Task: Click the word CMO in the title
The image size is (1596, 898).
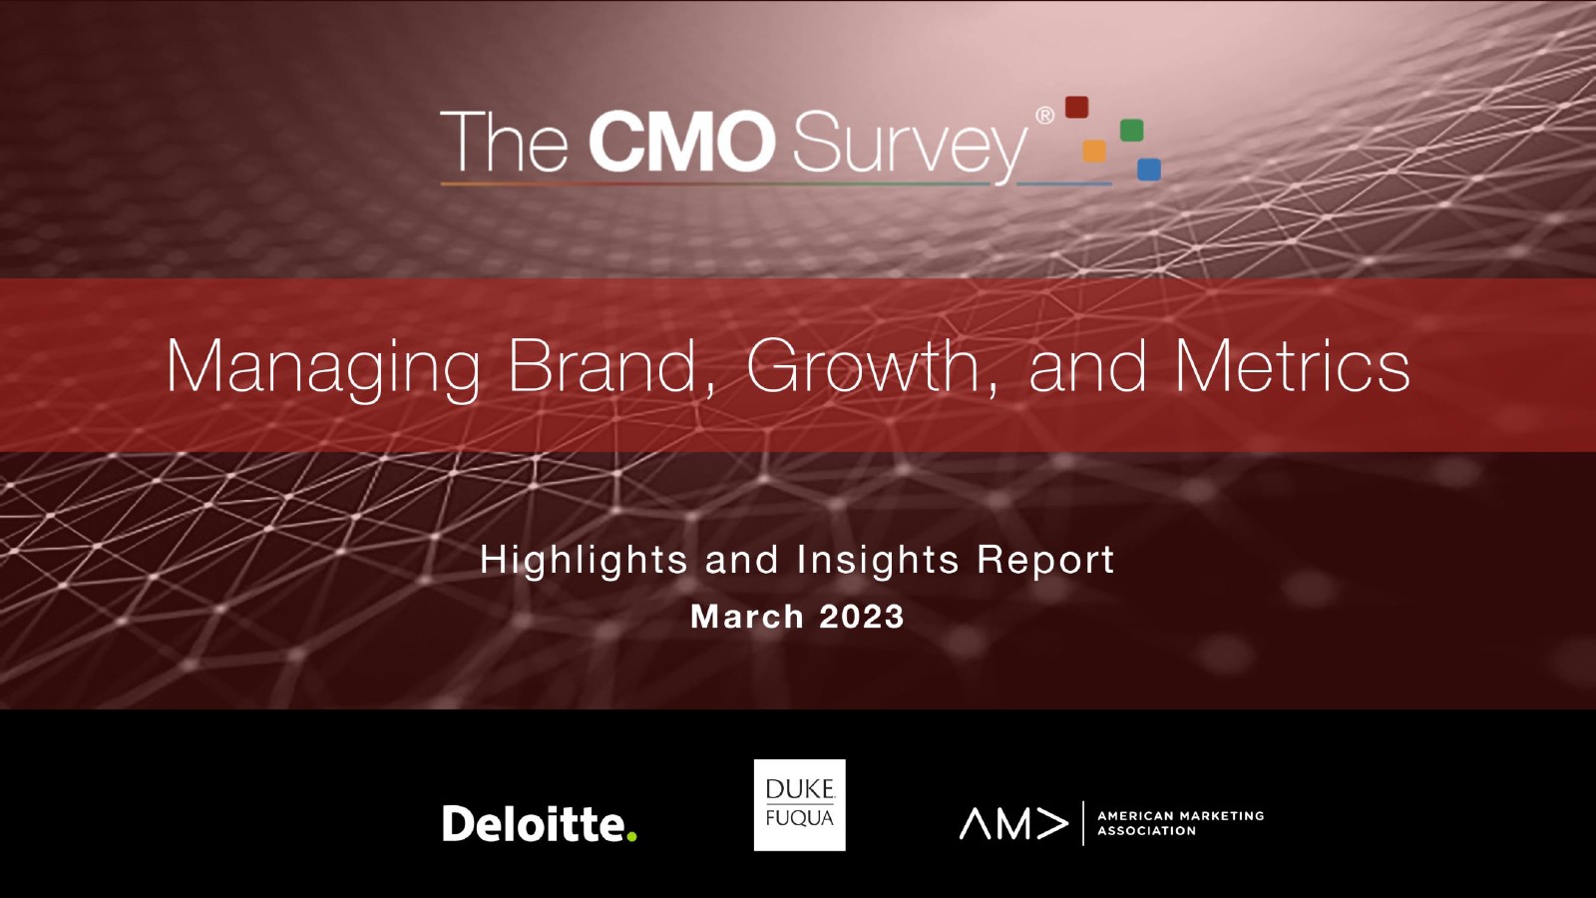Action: pyautogui.click(x=682, y=141)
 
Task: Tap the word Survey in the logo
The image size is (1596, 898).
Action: pyautogui.click(x=909, y=147)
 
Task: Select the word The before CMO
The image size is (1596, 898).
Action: pyautogui.click(x=504, y=141)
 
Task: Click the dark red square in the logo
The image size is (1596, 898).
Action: pyautogui.click(x=1076, y=107)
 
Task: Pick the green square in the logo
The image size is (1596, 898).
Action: pyautogui.click(x=1131, y=131)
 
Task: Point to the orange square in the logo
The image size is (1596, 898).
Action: pyautogui.click(x=1093, y=151)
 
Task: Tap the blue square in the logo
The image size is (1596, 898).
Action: pyautogui.click(x=1148, y=169)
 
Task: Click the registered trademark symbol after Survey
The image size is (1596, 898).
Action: pyautogui.click(x=1044, y=116)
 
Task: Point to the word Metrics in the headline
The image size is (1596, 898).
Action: pyautogui.click(x=1293, y=365)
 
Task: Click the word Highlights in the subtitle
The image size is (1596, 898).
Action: pyautogui.click(x=584, y=560)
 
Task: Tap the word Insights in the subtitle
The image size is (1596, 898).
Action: pyautogui.click(x=878, y=560)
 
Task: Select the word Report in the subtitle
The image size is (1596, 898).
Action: pyautogui.click(x=1045, y=560)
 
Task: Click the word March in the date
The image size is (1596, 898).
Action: pyautogui.click(x=747, y=617)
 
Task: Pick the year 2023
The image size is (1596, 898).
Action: pyautogui.click(x=862, y=617)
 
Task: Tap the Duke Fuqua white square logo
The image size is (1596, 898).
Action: pyautogui.click(x=799, y=804)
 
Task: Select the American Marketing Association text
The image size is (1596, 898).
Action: pyautogui.click(x=1181, y=823)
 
